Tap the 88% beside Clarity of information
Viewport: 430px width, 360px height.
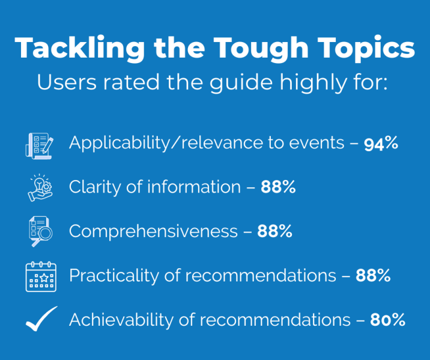click(x=278, y=187)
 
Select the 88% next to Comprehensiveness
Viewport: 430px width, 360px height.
click(x=274, y=232)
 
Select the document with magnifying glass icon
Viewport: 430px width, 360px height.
click(x=40, y=232)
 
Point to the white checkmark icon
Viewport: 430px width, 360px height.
click(x=41, y=319)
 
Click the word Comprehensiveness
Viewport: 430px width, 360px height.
click(x=153, y=232)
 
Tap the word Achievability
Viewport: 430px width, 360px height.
click(x=120, y=320)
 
